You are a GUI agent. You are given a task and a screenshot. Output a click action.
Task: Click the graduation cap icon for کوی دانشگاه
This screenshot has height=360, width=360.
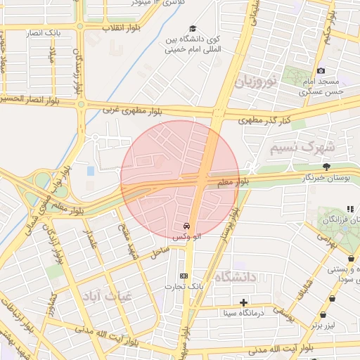tap(191, 28)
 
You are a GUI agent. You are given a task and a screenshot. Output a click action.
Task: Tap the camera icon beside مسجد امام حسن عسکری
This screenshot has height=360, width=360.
tap(321, 70)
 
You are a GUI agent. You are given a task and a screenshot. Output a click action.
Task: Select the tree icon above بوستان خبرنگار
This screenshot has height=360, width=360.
tap(327, 166)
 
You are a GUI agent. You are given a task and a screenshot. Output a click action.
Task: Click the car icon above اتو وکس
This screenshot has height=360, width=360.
tap(186, 226)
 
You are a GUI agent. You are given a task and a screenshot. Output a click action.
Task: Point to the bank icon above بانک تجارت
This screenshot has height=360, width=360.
tap(184, 275)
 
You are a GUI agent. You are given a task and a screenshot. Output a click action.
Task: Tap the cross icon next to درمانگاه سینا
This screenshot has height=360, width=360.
tap(244, 302)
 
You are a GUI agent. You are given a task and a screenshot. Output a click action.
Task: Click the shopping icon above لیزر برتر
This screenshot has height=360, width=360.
tap(323, 315)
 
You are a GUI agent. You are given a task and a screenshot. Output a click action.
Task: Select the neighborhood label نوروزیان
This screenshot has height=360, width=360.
tap(258, 82)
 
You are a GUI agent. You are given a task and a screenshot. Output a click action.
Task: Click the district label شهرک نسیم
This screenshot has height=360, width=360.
tap(298, 148)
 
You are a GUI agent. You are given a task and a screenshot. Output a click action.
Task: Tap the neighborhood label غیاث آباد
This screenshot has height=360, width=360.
tap(107, 296)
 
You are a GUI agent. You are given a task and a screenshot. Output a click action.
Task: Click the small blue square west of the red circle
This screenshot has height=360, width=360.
tap(89, 171)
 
